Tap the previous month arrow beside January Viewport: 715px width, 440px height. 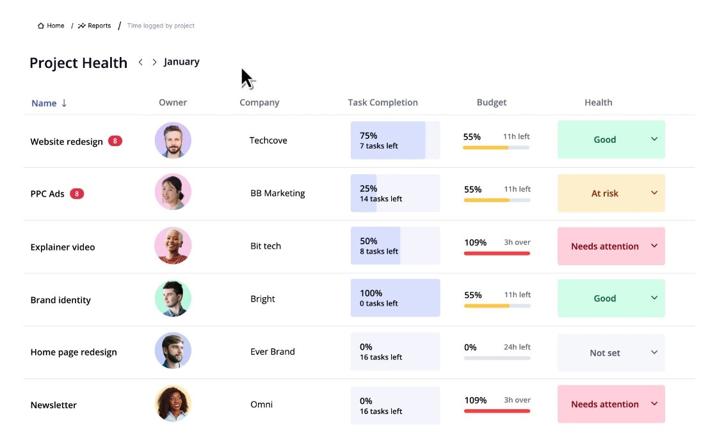(141, 62)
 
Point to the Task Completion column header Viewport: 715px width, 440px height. (383, 102)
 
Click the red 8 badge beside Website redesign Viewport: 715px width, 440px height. (115, 141)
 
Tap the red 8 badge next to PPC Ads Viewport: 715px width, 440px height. (77, 193)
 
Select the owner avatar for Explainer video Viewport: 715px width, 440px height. (173, 246)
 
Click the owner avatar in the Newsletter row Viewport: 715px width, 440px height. (173, 404)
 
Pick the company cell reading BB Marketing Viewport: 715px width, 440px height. (278, 193)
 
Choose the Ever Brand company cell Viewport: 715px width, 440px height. (273, 352)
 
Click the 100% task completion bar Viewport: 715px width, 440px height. (395, 298)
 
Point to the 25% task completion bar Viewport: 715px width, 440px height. (395, 193)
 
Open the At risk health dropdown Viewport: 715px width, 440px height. (611, 193)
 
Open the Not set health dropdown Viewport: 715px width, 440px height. (611, 352)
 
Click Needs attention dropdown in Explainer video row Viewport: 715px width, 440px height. (611, 246)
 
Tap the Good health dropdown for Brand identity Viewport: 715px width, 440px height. (611, 298)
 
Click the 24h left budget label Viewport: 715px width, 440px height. (517, 347)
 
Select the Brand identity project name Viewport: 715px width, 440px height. (61, 300)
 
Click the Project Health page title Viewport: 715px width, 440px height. (78, 63)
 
